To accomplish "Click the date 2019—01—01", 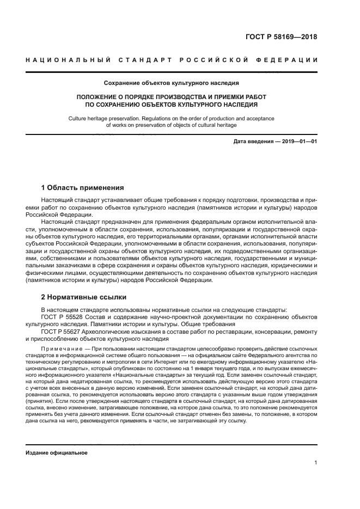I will click(x=298, y=142).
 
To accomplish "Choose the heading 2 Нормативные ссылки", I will click(x=84, y=297).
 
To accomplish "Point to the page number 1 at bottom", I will click(x=316, y=463).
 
